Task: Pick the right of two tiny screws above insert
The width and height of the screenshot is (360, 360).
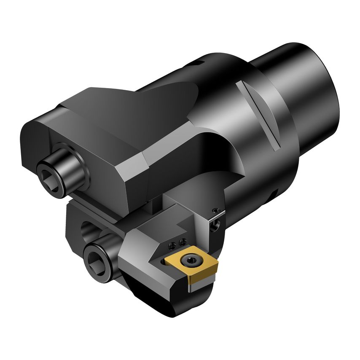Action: [182, 241]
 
